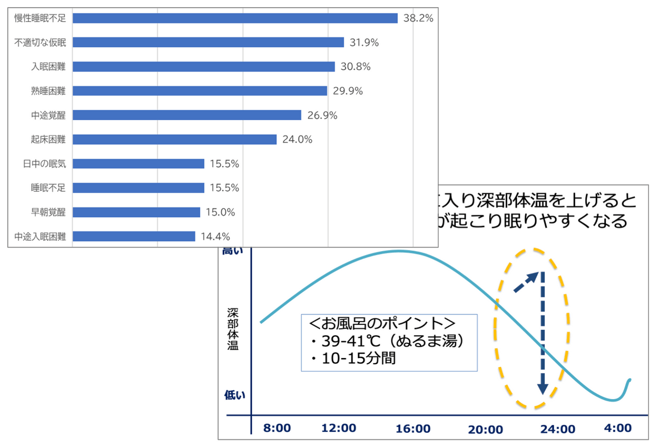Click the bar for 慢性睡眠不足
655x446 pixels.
pos(235,18)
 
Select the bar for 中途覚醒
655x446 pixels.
pos(187,115)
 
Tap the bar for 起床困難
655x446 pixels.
pos(175,139)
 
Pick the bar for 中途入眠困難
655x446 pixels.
pos(134,236)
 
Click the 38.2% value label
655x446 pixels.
pos(418,18)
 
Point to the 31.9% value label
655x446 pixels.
pos(365,43)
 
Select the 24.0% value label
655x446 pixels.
pos(297,139)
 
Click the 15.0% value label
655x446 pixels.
pos(221,212)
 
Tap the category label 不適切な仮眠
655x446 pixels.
pos(40,43)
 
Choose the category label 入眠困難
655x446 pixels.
pos(48,67)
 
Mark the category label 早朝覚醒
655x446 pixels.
pos(48,212)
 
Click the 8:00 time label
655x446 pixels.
pos(277,428)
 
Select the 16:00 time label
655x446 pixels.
pos(413,429)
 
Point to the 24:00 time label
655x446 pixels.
pos(557,429)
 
